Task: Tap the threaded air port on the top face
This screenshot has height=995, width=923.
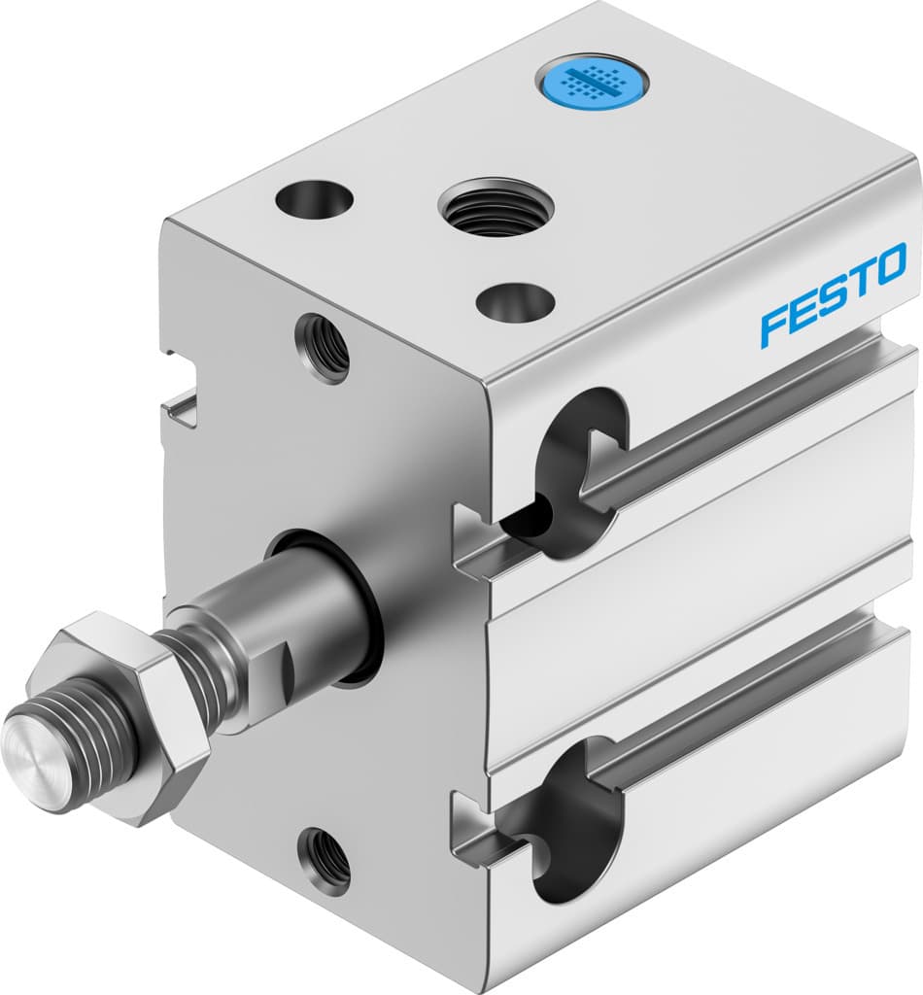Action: (x=496, y=206)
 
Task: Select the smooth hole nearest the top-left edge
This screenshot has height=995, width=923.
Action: (x=314, y=200)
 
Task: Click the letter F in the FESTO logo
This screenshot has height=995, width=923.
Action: (x=775, y=325)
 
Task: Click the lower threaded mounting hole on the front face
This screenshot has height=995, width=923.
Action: (x=325, y=858)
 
